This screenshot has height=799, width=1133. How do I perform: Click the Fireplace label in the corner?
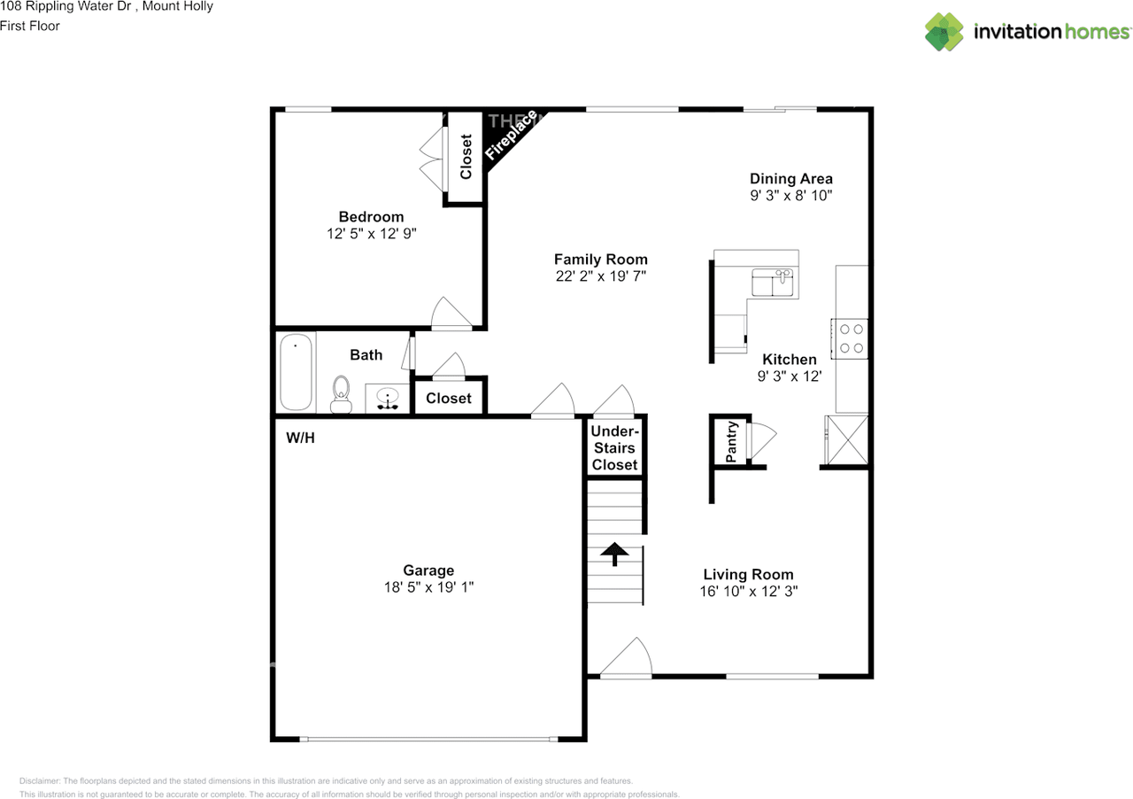(512, 135)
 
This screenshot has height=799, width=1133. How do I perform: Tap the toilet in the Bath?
(341, 394)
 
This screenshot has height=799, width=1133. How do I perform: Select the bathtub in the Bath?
(297, 371)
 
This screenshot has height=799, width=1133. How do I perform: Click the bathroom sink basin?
(388, 398)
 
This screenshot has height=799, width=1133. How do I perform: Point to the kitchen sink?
(773, 283)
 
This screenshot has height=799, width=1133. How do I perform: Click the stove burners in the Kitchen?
(851, 337)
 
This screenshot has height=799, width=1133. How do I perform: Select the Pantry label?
(732, 441)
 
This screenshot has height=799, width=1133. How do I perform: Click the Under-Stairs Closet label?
(615, 447)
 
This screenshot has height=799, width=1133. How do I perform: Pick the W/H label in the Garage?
(300, 438)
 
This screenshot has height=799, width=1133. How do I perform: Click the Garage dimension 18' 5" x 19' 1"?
(428, 587)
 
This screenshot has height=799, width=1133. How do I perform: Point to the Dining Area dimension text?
(791, 196)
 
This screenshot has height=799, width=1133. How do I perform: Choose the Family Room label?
(601, 260)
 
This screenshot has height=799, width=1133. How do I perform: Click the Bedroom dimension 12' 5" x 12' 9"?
(371, 234)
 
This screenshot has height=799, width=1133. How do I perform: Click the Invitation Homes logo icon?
(944, 32)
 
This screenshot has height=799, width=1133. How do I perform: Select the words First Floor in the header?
(31, 26)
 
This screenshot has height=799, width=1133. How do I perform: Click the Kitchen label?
(790, 360)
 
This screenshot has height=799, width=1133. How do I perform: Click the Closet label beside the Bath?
(449, 399)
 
